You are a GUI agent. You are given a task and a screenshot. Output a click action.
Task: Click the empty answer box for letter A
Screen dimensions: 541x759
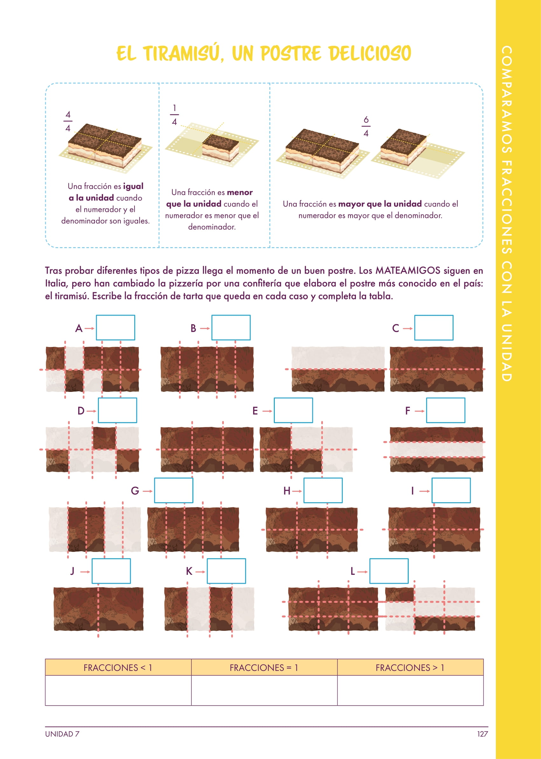click(x=115, y=328)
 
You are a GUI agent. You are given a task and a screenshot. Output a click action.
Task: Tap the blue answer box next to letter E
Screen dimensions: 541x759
click(x=293, y=410)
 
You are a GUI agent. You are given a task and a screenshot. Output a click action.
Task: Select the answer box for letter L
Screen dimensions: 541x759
click(x=389, y=571)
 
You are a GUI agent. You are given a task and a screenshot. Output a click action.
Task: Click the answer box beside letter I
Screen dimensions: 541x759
click(x=451, y=491)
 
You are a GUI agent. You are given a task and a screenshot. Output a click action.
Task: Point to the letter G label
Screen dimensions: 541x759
click(x=135, y=491)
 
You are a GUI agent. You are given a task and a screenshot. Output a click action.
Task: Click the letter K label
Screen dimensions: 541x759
click(x=189, y=571)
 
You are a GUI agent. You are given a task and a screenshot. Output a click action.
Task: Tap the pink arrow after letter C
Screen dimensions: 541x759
click(x=408, y=329)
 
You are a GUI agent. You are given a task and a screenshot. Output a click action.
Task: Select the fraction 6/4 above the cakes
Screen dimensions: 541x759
click(x=366, y=126)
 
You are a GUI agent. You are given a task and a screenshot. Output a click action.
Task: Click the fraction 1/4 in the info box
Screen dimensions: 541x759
click(x=174, y=115)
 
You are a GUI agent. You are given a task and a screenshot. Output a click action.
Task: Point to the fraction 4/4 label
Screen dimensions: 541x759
click(x=68, y=121)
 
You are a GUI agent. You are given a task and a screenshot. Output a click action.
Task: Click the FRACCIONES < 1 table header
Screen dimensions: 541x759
click(x=118, y=668)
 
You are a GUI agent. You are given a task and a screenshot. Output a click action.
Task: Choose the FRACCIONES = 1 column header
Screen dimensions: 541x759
click(x=264, y=668)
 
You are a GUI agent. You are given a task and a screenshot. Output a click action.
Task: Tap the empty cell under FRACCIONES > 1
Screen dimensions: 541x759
click(x=410, y=690)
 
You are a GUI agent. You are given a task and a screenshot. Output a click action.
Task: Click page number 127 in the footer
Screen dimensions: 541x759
click(x=482, y=734)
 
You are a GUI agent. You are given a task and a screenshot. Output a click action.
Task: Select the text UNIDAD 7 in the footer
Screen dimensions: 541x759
click(x=62, y=734)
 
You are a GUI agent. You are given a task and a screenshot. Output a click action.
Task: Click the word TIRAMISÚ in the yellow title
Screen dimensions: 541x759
click(x=183, y=53)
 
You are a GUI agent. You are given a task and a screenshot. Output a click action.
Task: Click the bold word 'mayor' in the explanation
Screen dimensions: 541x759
click(x=349, y=204)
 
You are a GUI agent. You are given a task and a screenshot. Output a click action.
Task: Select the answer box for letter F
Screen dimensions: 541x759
click(x=446, y=410)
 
